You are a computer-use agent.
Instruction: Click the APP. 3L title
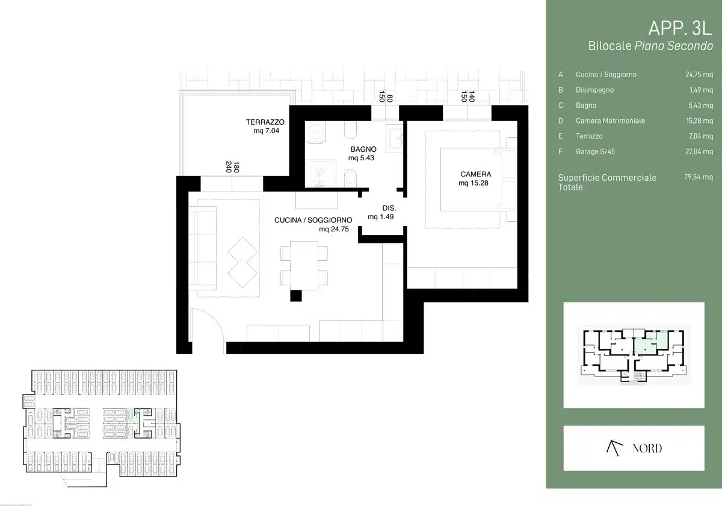[x=680, y=28]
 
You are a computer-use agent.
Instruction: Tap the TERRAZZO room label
[x=265, y=122]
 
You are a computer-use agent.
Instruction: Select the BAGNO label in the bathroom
[x=363, y=149]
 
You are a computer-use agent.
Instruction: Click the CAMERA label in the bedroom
[x=476, y=174]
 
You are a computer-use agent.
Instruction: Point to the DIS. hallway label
[x=389, y=208]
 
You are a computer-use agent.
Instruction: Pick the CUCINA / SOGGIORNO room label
[x=313, y=220]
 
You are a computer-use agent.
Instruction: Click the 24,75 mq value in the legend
[x=699, y=75]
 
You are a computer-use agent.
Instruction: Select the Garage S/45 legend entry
[x=595, y=151]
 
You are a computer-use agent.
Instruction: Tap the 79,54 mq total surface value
[x=699, y=177]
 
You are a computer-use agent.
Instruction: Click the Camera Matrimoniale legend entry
[x=610, y=120]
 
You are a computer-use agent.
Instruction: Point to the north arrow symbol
[x=614, y=448]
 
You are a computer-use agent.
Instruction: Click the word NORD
[x=647, y=448]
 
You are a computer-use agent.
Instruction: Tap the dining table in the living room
[x=304, y=266]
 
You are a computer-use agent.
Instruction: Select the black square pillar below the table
[x=296, y=296]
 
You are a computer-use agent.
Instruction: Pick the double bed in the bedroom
[x=471, y=180]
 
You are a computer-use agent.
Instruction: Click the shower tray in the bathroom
[x=320, y=174]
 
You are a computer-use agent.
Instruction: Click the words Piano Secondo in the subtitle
[x=673, y=46]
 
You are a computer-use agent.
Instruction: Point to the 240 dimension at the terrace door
[x=229, y=167]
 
